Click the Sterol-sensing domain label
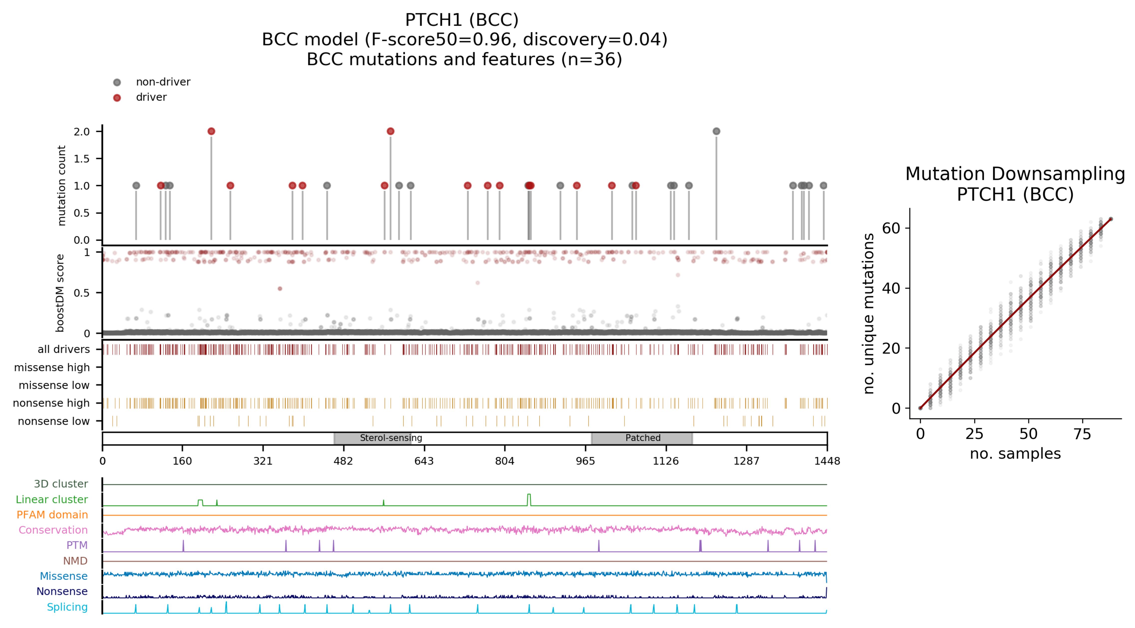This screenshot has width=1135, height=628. (x=391, y=438)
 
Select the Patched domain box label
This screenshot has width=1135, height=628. (x=643, y=438)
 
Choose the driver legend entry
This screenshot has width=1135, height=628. (x=151, y=97)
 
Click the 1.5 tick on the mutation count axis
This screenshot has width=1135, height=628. (x=82, y=159)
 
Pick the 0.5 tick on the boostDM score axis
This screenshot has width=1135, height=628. (x=82, y=293)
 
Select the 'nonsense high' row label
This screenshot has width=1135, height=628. (x=51, y=403)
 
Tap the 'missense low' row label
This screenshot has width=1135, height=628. (x=54, y=385)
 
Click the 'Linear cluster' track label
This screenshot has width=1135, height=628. (x=52, y=500)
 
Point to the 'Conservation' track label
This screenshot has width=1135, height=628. (x=53, y=530)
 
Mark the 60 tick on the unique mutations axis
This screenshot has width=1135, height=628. (x=891, y=228)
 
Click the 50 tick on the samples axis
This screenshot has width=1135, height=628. (x=1028, y=434)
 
